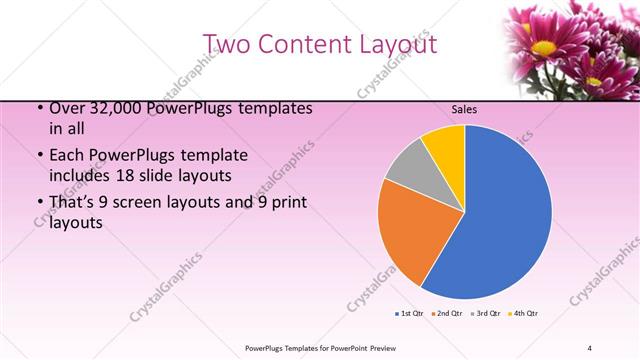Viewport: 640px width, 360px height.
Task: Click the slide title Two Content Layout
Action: [320, 44]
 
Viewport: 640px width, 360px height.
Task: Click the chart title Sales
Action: [464, 110]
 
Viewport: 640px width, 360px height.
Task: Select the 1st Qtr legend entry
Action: [410, 314]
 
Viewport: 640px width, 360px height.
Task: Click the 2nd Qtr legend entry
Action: [448, 314]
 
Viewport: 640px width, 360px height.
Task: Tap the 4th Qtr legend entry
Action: [525, 314]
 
